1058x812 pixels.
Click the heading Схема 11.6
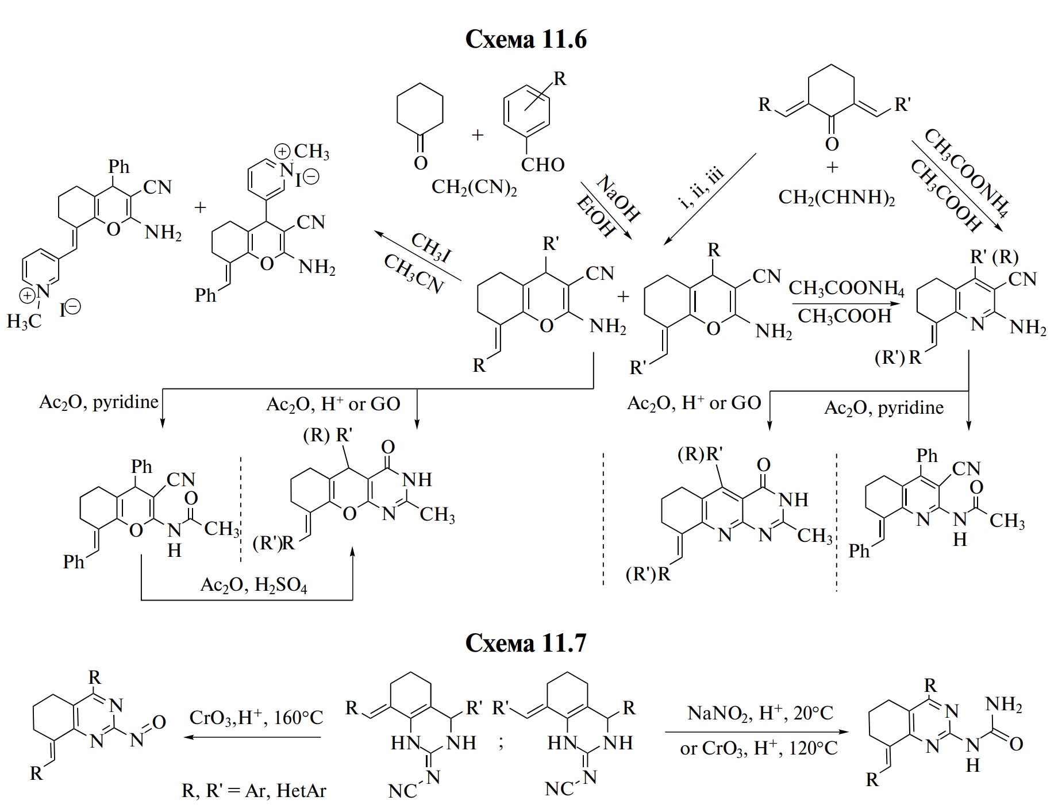click(x=526, y=39)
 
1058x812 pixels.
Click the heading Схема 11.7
click(x=526, y=642)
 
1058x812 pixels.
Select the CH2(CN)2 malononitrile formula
click(x=474, y=187)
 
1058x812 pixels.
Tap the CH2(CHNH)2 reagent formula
click(x=836, y=197)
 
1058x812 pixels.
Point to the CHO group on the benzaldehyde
click(x=542, y=165)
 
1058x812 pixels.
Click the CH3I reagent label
click(x=430, y=246)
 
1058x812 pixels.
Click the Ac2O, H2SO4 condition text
click(x=253, y=584)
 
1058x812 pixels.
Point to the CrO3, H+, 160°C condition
click(x=256, y=717)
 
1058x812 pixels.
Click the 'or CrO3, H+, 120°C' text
click(x=759, y=748)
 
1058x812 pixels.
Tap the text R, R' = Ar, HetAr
click(x=253, y=791)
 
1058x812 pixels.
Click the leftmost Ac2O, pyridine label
click(x=98, y=402)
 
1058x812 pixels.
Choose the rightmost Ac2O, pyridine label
click(x=884, y=407)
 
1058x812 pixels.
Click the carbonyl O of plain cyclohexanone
click(x=421, y=163)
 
